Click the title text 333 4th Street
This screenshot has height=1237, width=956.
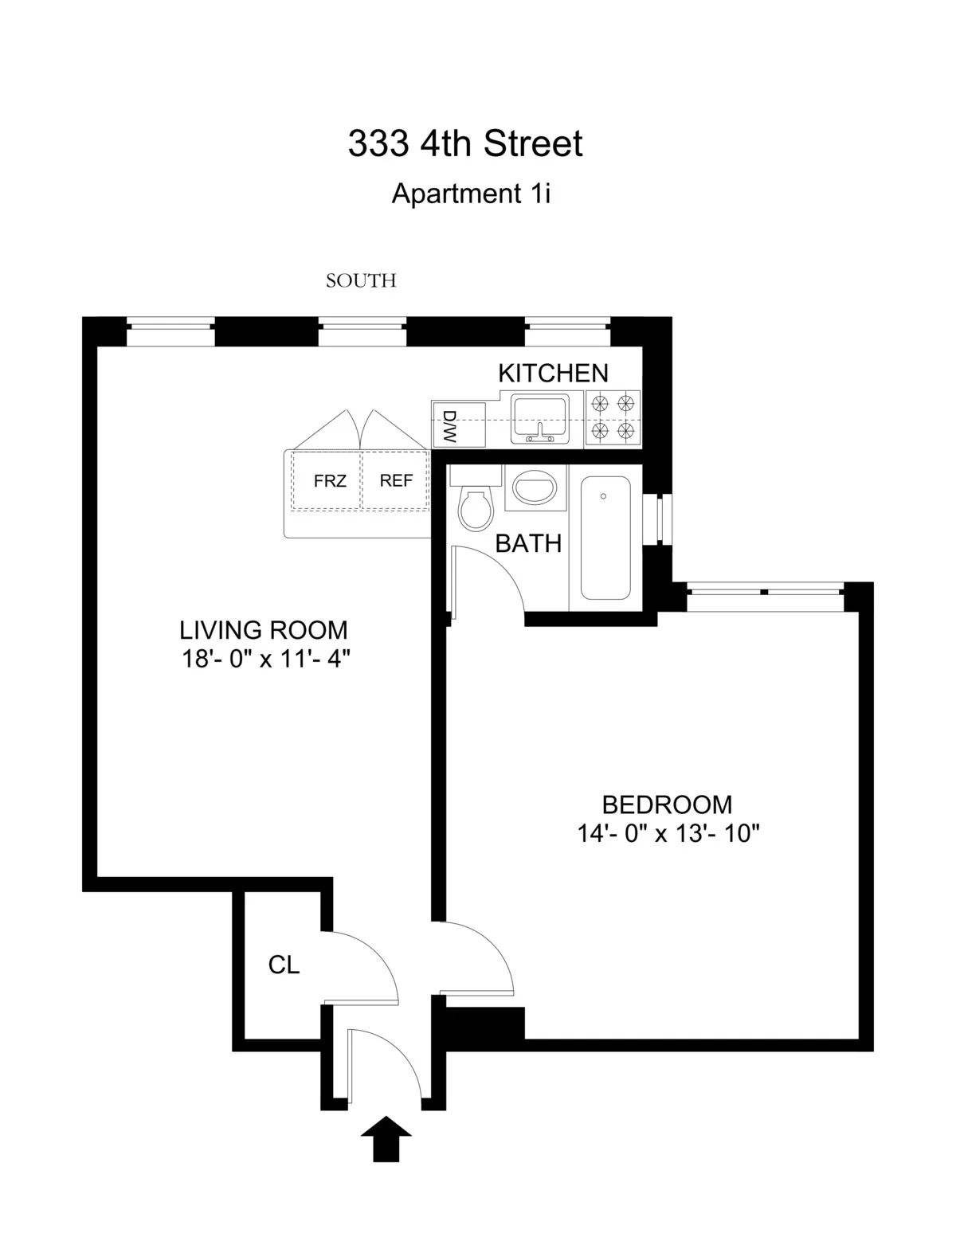[465, 144]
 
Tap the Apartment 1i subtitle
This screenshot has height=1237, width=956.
[471, 194]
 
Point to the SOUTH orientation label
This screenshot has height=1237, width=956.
[361, 280]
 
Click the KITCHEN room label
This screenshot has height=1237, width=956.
[553, 373]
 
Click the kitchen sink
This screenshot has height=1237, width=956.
[539, 419]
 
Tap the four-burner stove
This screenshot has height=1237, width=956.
[613, 418]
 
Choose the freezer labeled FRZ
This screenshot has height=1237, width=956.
[329, 481]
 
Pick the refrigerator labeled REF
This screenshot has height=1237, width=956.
[396, 481]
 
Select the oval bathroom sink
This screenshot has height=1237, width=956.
[535, 487]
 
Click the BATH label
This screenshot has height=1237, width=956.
[528, 544]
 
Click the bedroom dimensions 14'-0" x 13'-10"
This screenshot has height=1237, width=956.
[668, 834]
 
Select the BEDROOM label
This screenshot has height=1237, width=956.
[667, 804]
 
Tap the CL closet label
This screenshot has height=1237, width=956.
[284, 965]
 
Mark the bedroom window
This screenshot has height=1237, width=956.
[764, 591]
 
